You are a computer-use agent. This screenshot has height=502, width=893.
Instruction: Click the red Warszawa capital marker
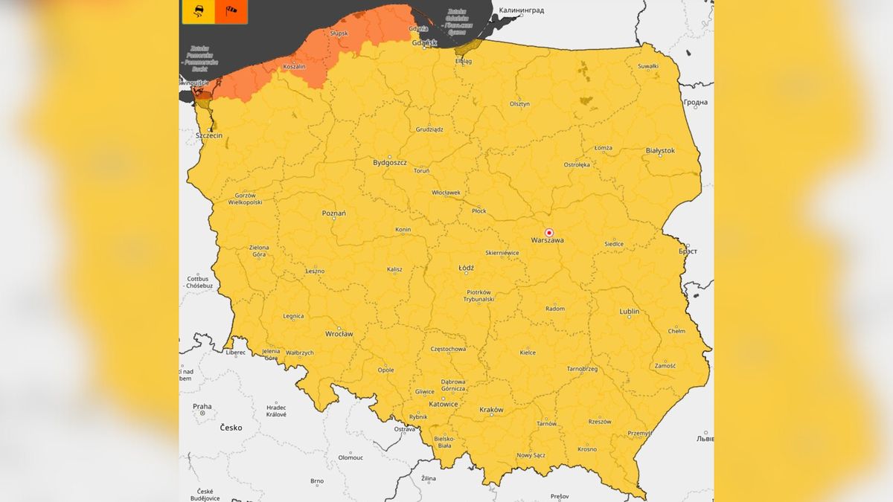pos(549,232)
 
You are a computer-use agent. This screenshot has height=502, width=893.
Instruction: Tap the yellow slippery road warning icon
pos(199,11)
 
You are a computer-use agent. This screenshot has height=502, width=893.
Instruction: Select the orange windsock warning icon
pos(231,11)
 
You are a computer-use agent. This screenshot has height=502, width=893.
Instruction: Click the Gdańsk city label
pos(424,43)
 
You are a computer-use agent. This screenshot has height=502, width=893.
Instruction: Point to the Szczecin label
pos(208,136)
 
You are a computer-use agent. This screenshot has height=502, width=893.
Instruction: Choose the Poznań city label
pos(333,213)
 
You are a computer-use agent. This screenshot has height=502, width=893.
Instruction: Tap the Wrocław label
pos(339,334)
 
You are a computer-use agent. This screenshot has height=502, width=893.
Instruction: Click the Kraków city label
pos(491,410)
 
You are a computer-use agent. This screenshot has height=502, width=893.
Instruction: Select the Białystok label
pos(660,150)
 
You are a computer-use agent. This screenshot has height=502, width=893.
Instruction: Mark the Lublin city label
pos(629,311)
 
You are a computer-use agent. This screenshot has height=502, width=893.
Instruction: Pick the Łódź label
pos(466,268)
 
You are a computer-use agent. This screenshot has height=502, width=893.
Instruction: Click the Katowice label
pos(443,405)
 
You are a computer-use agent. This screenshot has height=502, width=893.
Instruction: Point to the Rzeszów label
pos(599,422)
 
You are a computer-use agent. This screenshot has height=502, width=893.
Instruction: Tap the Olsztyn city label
pos(519,104)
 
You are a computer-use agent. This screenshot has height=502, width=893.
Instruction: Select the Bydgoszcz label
pos(390,161)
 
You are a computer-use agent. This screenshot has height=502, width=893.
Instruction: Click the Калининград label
pos(521,11)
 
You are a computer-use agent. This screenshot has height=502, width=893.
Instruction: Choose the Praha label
pos(202,407)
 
